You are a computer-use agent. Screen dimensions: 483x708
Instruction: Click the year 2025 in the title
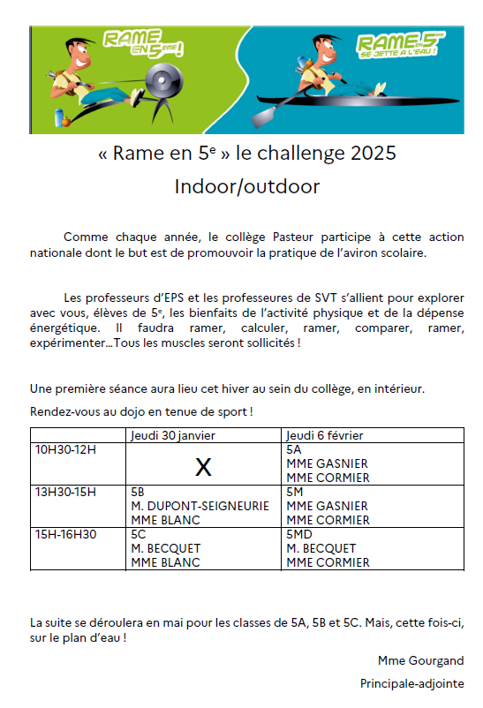(x=373, y=154)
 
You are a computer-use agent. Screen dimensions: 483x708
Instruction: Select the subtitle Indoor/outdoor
(x=246, y=186)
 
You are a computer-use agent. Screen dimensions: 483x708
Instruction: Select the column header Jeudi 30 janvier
(x=172, y=435)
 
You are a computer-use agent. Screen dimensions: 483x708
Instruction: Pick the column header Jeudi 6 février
(x=325, y=435)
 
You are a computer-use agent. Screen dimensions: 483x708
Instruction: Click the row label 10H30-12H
(x=64, y=449)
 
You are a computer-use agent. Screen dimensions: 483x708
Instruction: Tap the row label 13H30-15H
(x=64, y=492)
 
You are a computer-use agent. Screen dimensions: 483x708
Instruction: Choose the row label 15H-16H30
(x=64, y=534)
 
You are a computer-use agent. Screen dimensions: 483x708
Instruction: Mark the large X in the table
(x=203, y=467)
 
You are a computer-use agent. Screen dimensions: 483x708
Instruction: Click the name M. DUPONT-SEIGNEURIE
(x=192, y=506)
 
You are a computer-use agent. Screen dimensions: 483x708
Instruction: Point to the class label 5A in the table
(x=294, y=449)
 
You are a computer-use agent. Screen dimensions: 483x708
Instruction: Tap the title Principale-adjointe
(x=411, y=683)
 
